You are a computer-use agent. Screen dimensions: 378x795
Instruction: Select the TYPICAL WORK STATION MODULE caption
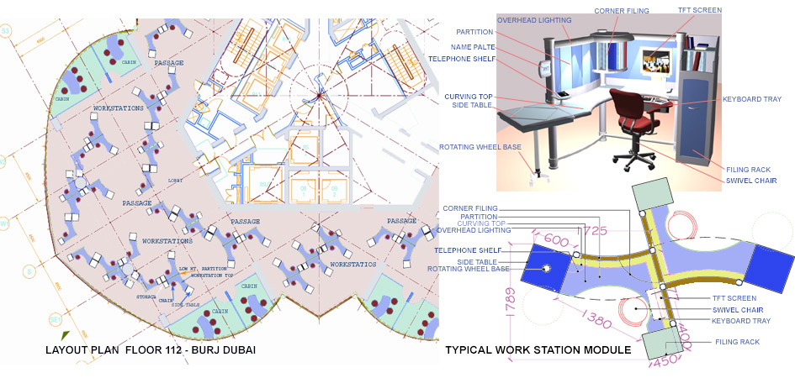[x=538, y=349]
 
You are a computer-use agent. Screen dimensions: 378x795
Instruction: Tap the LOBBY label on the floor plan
[x=175, y=180]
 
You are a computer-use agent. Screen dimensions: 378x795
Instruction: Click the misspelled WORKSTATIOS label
[x=352, y=264]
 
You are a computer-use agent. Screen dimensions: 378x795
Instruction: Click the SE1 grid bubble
[x=8, y=320]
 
